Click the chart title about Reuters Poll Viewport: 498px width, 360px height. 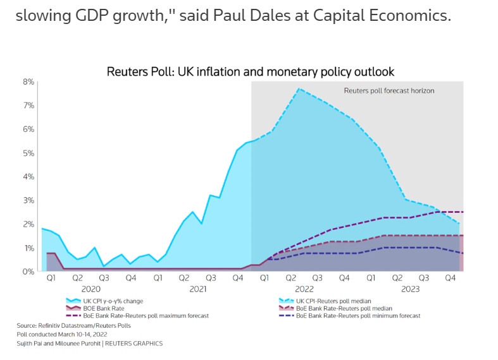(250, 72)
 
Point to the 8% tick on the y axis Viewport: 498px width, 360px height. (28, 81)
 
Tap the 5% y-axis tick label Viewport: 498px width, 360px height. (28, 153)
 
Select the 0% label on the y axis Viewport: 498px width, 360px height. (28, 272)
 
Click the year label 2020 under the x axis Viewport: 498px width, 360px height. (90, 289)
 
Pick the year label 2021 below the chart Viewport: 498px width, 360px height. (197, 289)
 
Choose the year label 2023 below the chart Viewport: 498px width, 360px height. (411, 289)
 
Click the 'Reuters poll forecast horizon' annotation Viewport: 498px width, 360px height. (389, 91)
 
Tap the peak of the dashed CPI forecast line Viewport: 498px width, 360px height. (298, 89)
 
